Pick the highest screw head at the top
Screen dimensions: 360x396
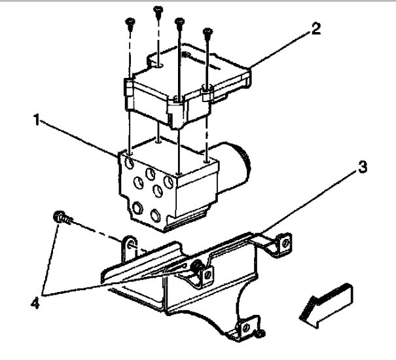[x=158, y=9]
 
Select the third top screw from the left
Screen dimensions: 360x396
[x=179, y=21]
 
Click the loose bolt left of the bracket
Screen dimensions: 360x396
[x=60, y=219]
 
